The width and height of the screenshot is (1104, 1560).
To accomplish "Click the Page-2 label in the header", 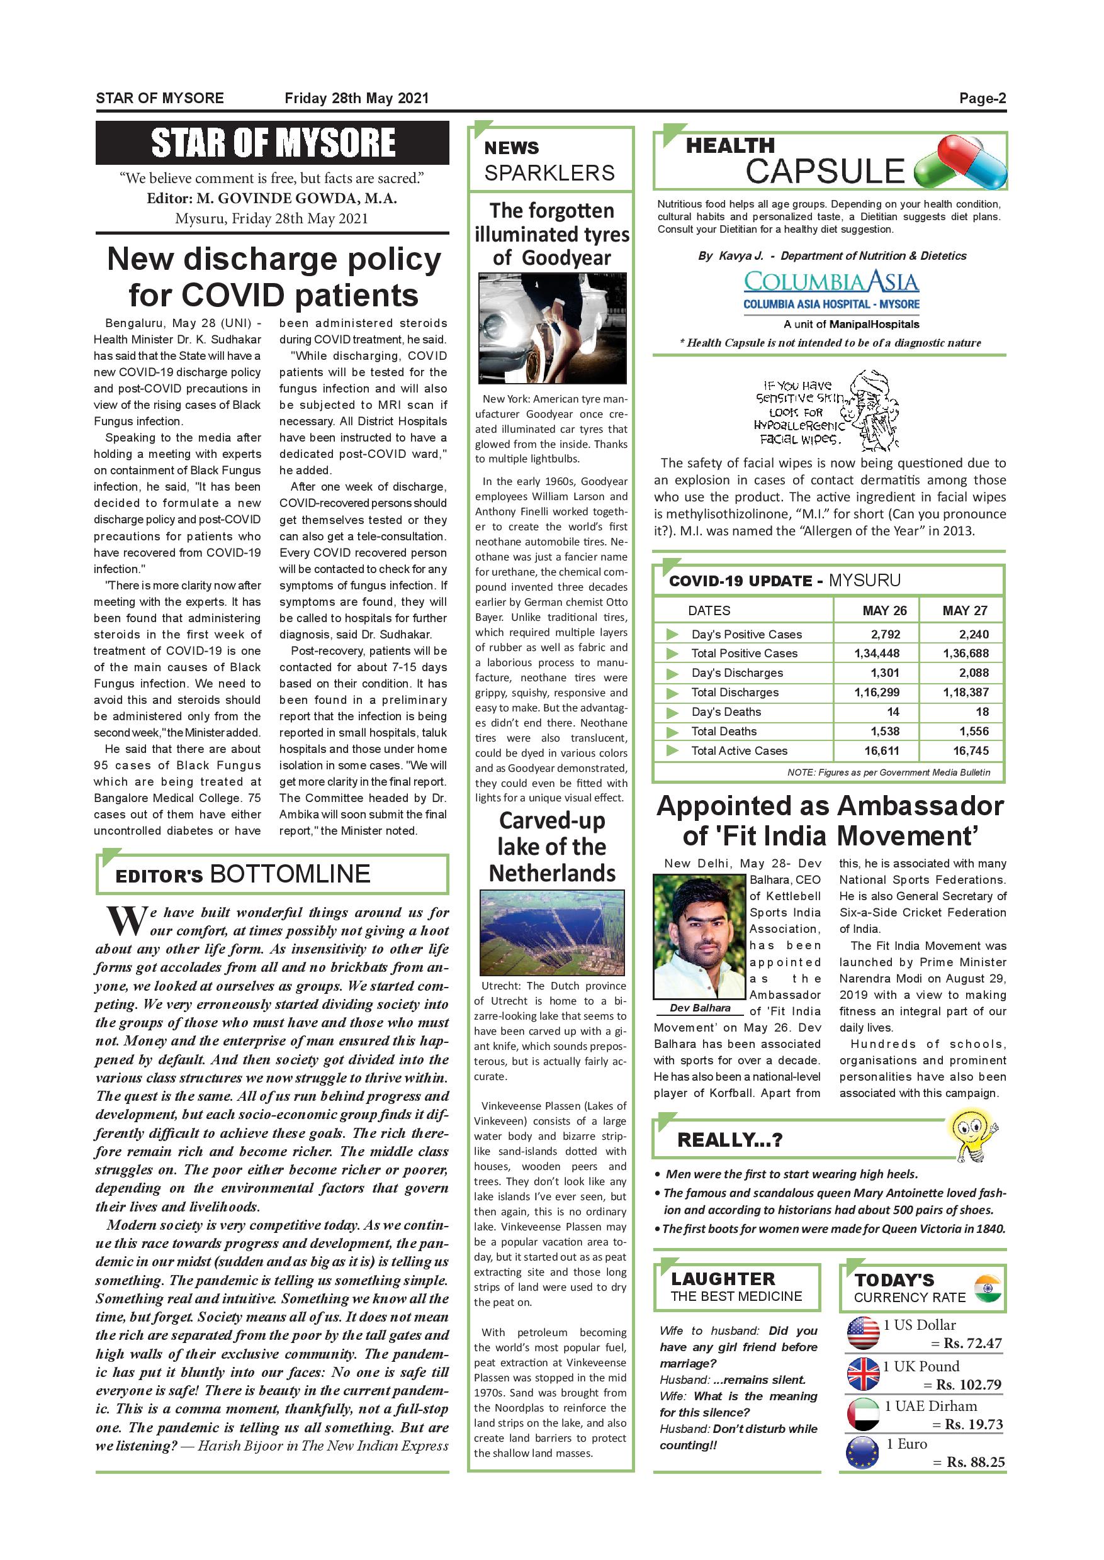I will (x=982, y=98).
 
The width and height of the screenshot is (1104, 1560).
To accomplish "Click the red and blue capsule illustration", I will (x=960, y=163).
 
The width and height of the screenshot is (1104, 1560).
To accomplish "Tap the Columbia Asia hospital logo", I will (x=831, y=290).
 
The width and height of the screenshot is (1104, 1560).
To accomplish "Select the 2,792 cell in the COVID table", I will (x=885, y=634).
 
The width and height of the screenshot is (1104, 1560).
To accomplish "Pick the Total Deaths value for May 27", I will (x=965, y=731).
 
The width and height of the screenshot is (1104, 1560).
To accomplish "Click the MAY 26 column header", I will (x=884, y=610).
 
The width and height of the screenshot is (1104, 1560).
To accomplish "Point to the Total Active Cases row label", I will (x=739, y=751).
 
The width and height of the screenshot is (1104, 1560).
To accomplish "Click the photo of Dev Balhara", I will (x=700, y=935).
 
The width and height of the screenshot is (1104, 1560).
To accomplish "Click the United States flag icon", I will (x=864, y=1333).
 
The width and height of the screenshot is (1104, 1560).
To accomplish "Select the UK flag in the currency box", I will (x=864, y=1374).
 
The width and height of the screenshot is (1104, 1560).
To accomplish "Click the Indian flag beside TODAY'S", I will (x=988, y=1288).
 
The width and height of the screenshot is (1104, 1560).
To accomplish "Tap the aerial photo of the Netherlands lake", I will (x=551, y=932).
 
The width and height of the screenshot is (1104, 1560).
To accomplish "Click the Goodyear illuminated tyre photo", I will (x=551, y=328).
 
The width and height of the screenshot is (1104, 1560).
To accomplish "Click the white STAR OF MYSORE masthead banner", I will (x=273, y=143).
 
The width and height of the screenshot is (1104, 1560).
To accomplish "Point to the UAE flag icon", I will (x=864, y=1414).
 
